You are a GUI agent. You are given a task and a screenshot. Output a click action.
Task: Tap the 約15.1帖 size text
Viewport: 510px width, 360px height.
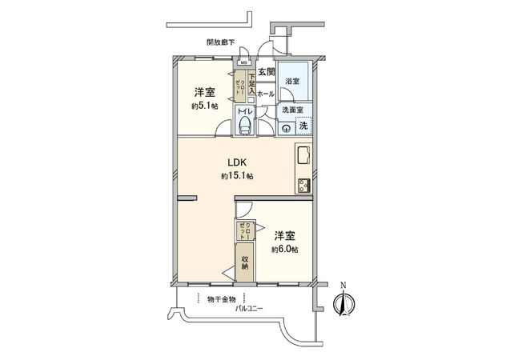coord(237,176)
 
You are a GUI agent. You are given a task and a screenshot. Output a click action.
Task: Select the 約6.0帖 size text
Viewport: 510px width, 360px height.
coord(284,250)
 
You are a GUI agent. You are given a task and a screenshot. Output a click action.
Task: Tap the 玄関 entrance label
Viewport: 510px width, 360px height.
coord(267,73)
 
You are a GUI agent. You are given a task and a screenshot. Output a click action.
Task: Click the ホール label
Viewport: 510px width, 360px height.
coord(266,94)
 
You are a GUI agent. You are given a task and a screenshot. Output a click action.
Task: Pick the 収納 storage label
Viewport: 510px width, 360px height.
coord(246,262)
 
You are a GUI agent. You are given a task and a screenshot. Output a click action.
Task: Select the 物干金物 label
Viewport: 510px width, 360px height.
coord(220,298)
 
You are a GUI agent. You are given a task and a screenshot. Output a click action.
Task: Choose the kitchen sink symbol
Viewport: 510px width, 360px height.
coord(305,155)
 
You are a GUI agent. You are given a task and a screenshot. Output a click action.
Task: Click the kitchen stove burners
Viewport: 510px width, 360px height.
coord(305,186)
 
